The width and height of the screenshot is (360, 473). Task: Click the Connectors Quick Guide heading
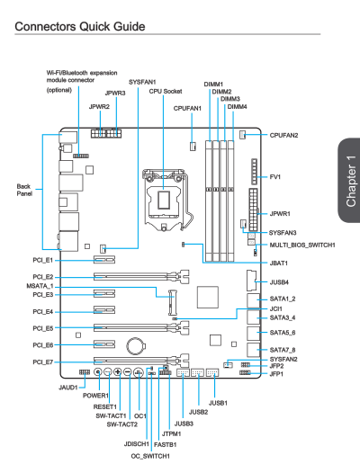[x=80, y=27]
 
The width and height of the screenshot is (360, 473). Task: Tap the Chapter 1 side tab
[x=349, y=181]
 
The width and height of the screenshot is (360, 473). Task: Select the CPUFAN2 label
[x=283, y=136]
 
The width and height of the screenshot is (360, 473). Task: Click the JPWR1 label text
[x=280, y=214]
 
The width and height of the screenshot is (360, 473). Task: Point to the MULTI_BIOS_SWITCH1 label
[x=302, y=245]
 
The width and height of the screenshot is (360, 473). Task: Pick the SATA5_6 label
[x=283, y=333]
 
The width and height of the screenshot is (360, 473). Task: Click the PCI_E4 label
[x=43, y=312]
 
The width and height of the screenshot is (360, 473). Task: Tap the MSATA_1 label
[x=40, y=286]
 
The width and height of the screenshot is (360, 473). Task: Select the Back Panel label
[x=24, y=190]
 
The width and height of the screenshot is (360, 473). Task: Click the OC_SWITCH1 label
[x=150, y=456]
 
